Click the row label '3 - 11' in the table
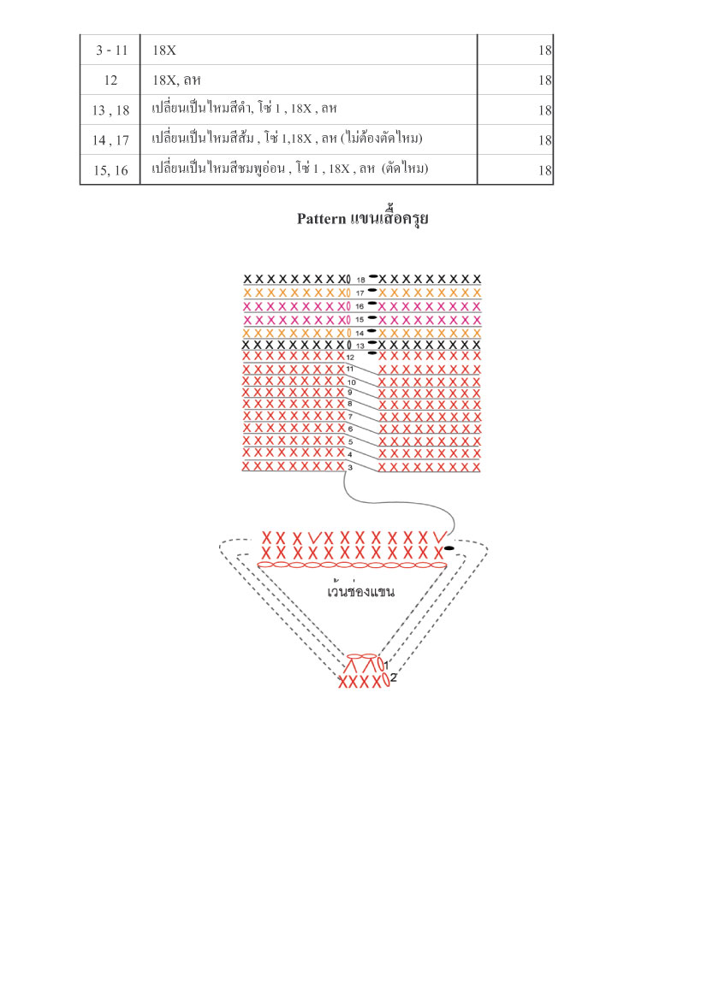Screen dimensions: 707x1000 pyautogui.click(x=111, y=50)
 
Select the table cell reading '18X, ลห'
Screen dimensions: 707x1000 pyautogui.click(x=176, y=80)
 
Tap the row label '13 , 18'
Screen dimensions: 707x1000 pyautogui.click(x=111, y=109)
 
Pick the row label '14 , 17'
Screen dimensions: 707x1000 pyautogui.click(x=111, y=139)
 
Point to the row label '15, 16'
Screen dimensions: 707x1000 pyautogui.click(x=111, y=170)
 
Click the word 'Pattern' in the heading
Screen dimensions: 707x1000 pyautogui.click(x=321, y=219)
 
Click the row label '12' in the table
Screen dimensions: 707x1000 pyautogui.click(x=111, y=80)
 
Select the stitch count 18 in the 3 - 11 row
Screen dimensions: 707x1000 pyautogui.click(x=545, y=50)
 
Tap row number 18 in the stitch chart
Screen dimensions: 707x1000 pyautogui.click(x=360, y=280)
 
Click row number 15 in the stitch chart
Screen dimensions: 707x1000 pyautogui.click(x=359, y=320)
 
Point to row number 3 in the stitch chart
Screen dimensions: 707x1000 pyautogui.click(x=350, y=467)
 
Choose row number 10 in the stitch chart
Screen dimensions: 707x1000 pyautogui.click(x=352, y=382)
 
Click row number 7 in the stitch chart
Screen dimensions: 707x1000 pyautogui.click(x=350, y=417)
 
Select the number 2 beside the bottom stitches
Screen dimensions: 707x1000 pyautogui.click(x=393, y=678)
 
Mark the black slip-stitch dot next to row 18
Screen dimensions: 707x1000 pyautogui.click(x=372, y=276)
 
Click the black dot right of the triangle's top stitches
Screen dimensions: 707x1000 pyautogui.click(x=449, y=547)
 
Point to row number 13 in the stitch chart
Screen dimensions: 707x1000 pyautogui.click(x=360, y=346)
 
